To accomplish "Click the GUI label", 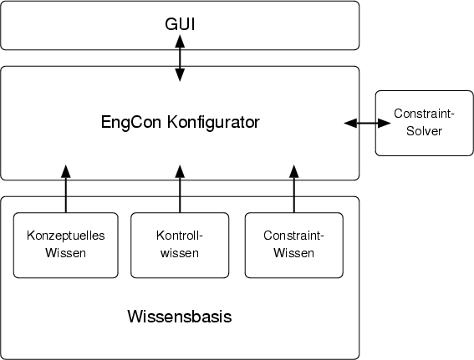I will [180, 25].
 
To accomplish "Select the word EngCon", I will [126, 123].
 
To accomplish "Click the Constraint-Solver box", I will [424, 122].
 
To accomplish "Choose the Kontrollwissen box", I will [180, 245].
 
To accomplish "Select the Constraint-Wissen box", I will [293, 245].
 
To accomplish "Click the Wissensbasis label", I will [180, 317].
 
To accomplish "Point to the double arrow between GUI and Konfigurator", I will [180, 63].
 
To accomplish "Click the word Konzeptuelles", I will [66, 236].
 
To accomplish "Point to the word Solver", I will [424, 131].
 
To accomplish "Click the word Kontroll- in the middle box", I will [180, 236].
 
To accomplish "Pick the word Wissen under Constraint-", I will [293, 253].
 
